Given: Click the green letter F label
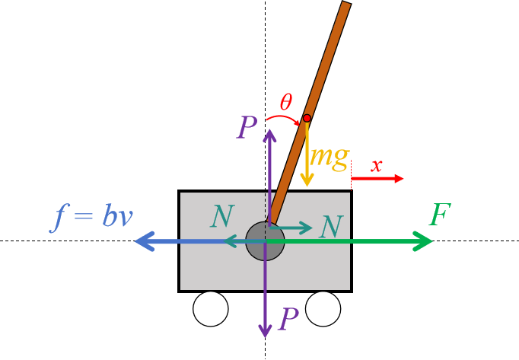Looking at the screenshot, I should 440,215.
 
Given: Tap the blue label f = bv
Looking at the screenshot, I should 92,218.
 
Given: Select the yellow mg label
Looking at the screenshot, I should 330,158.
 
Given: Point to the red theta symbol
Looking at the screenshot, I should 286,101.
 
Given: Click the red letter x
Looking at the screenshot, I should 376,165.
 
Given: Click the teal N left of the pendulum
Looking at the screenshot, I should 222,218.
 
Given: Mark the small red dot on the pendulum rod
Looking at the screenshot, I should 307,118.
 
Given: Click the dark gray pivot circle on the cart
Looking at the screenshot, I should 266,241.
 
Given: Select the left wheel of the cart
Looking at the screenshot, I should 211,308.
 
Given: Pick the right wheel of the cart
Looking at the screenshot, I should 323,308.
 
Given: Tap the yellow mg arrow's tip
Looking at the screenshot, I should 307,183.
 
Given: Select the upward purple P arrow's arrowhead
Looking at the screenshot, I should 269,133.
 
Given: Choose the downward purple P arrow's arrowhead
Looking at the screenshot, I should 265,333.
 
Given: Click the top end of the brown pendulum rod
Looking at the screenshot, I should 346,5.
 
